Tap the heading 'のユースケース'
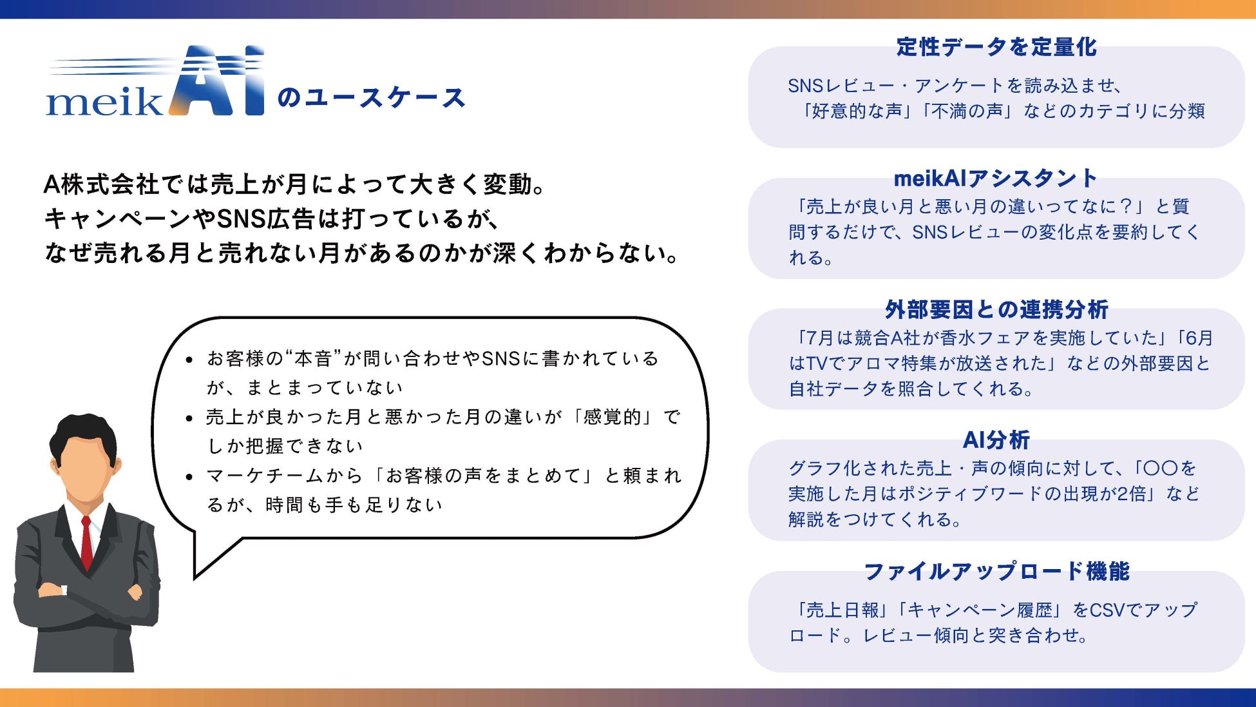(371, 98)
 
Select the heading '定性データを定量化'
(996, 47)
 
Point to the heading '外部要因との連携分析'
(996, 310)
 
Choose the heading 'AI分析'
(996, 440)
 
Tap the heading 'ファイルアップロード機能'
(996, 572)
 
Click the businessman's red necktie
(86, 541)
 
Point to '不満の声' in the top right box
(967, 111)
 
